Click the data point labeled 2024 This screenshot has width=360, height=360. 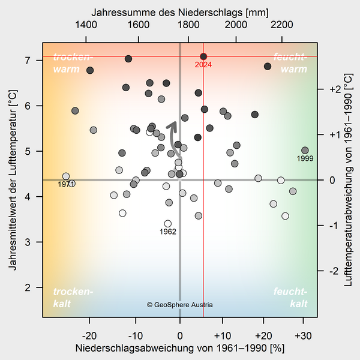pos(203,56)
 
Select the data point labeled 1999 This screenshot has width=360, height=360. pos(305,151)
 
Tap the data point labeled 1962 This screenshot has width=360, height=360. pos(168,224)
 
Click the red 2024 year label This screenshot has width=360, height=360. pos(203,65)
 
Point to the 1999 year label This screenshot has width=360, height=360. pos(305,159)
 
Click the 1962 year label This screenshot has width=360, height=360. pos(168,232)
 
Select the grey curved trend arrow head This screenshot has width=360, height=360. pos(173,124)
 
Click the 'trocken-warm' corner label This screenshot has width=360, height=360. pos(73,64)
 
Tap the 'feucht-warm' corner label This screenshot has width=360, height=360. pos(290,64)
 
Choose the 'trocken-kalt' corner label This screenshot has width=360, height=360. pos(73,298)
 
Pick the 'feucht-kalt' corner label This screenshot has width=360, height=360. pos(290,298)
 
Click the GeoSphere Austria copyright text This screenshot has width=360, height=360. pos(180,305)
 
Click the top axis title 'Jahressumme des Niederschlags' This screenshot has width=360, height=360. pos(180,12)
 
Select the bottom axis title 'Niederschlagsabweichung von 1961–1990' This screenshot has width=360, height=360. pos(180,347)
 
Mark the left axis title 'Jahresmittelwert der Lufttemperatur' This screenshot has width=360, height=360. pos(13,180)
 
